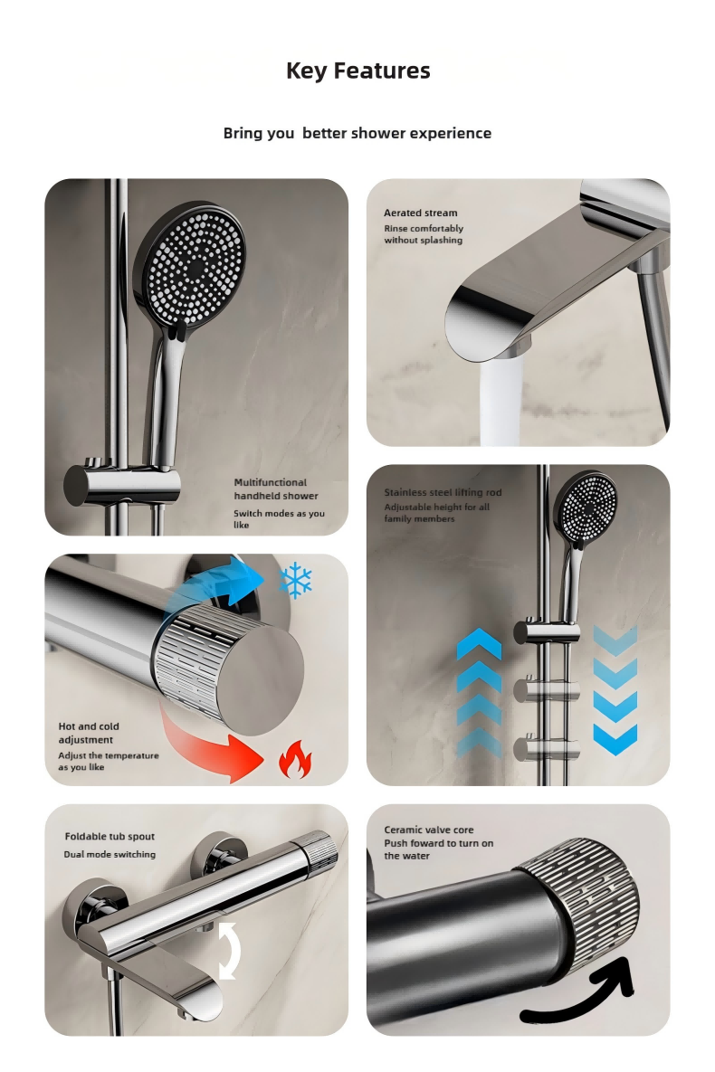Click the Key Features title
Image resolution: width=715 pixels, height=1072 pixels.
coord(357,71)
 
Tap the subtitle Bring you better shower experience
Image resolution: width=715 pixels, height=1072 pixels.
coord(357,133)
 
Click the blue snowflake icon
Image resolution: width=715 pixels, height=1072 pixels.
coord(296,581)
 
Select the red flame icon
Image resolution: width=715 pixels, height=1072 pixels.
coord(295,760)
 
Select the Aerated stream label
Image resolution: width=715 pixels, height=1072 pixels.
coord(420,213)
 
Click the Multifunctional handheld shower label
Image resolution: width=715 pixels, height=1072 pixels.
coord(276,489)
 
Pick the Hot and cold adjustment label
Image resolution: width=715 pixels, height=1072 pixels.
coord(89,733)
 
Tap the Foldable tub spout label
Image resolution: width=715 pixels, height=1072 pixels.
coord(110,836)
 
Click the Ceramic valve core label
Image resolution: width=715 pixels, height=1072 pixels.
coord(428,830)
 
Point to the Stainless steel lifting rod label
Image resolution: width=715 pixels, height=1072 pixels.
coord(443,492)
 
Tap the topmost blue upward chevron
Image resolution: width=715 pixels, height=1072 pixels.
coord(479,644)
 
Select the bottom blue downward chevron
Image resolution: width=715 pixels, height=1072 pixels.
coord(615,739)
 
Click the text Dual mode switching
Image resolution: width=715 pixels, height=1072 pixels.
coord(110,854)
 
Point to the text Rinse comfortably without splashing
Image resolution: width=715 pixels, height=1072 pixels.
coord(424,233)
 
